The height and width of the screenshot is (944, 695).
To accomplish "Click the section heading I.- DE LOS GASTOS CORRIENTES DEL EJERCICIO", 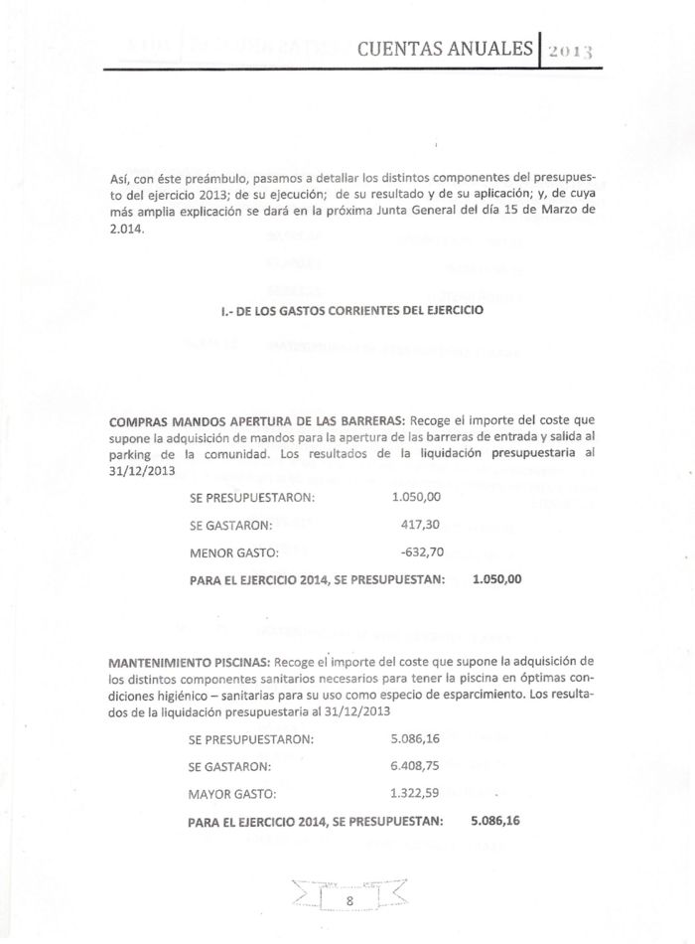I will pos(351,311).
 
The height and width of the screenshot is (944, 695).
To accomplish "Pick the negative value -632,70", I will pos(418,551).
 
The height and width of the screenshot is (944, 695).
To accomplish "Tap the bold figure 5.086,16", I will pos(495,821).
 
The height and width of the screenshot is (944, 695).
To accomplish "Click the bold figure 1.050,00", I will pos(497,579).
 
